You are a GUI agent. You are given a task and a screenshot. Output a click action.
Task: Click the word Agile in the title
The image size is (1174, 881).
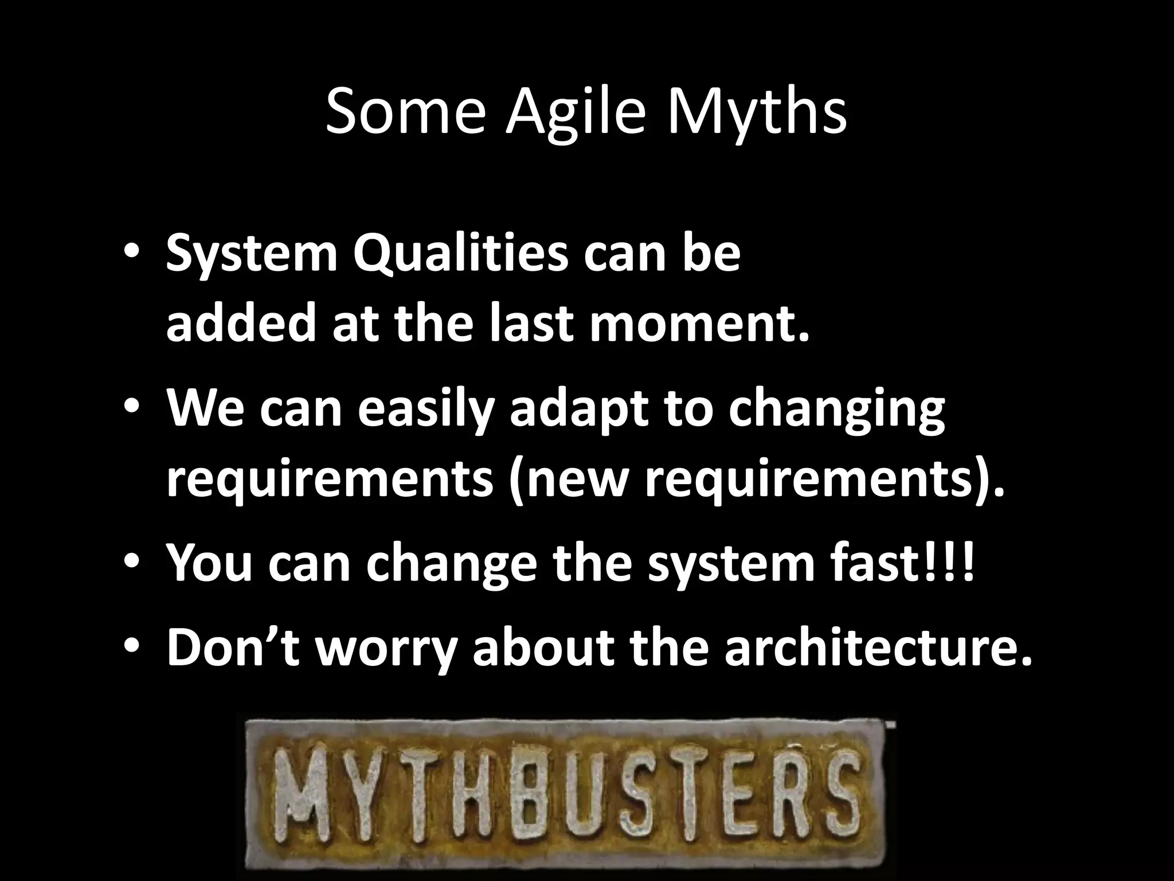580,112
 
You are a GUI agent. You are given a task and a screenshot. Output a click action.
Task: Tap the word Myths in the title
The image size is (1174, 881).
756,112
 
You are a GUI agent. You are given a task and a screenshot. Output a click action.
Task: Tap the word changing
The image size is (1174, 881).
836,410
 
